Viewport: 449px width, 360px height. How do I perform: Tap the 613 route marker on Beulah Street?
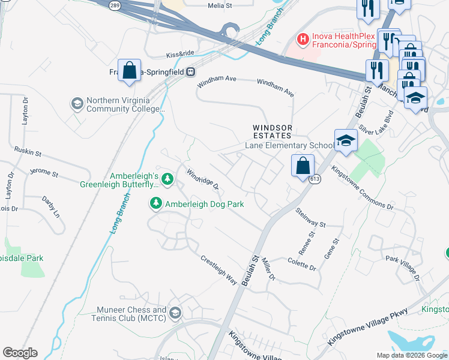(x=315, y=179)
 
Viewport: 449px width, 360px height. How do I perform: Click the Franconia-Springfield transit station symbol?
(x=190, y=71)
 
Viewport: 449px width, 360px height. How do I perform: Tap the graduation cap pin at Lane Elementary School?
(x=346, y=142)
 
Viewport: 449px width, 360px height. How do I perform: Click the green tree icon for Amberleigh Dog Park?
(x=156, y=204)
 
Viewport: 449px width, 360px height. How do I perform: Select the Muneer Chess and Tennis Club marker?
(x=175, y=313)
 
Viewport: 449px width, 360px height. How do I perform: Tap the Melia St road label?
(x=219, y=5)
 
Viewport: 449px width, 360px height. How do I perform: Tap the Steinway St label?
(x=310, y=217)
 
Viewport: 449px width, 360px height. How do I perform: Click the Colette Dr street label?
(x=302, y=264)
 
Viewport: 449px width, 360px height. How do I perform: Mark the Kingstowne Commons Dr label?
(x=362, y=188)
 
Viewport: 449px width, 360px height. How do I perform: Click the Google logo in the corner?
(x=20, y=353)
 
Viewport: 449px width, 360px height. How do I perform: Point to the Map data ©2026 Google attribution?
(x=411, y=355)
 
